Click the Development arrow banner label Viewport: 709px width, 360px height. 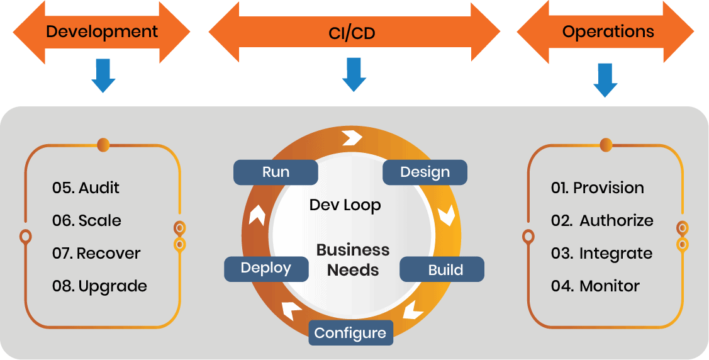coord(102,31)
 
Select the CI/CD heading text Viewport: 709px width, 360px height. coord(352,33)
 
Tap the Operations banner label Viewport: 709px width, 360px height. coord(608,31)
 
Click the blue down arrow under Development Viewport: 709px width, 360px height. coord(103,76)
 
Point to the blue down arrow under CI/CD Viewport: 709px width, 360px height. coord(354,74)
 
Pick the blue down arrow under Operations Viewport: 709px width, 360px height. coord(605,79)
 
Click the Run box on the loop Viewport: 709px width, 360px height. coord(276,172)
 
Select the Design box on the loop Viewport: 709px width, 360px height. coord(425,172)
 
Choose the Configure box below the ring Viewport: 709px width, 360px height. coord(350,333)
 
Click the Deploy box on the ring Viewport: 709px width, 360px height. coord(266,269)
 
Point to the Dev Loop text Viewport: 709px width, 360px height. coord(345,205)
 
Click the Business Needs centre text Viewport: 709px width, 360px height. coord(353,260)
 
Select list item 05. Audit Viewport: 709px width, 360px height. coord(86,188)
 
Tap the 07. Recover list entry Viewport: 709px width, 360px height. coord(96,253)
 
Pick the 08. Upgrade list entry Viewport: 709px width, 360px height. coord(99,286)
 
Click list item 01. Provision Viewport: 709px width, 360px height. coord(597,188)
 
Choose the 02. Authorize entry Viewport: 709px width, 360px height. coord(602,220)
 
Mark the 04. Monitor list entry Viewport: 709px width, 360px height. coord(595,286)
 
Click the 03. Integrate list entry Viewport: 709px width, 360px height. coord(601,253)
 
